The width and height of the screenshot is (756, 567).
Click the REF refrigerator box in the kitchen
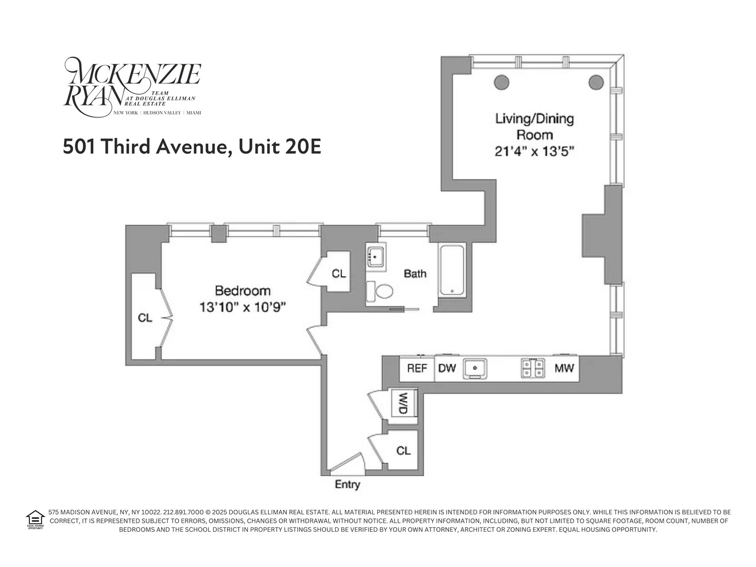pos(417,369)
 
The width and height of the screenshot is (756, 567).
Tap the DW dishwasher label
pos(447,369)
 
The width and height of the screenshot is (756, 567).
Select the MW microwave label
pos(564,369)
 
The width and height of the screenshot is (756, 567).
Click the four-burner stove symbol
pos(533,369)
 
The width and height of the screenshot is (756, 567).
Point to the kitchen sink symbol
pos(475,369)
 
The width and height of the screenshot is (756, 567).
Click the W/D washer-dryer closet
pos(404,404)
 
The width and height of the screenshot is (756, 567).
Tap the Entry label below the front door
pos(347,485)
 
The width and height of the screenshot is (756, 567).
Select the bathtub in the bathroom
pos(452,270)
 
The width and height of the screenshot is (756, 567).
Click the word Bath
pos(415,274)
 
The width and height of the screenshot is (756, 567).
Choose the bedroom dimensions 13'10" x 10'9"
pos(242,307)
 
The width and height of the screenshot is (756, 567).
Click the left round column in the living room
pos(501,83)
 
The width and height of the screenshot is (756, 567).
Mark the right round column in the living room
pos(595,83)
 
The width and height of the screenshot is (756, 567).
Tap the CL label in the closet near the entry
pos(403,451)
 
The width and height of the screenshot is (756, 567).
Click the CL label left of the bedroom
pos(145,318)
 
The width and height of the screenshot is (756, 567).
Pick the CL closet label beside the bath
pos(339,274)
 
